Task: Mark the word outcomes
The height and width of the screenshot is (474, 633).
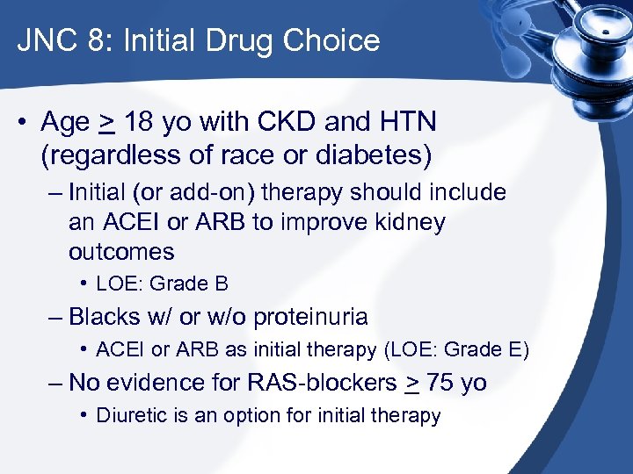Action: tap(121, 252)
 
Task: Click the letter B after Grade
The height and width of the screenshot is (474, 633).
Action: tap(222, 284)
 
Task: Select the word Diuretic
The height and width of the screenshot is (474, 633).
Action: tap(130, 416)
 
